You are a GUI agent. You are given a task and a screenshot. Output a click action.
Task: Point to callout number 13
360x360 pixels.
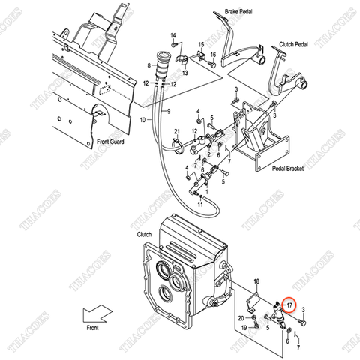(184, 73)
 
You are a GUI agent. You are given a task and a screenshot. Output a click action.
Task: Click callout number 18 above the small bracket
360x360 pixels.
(256, 280)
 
